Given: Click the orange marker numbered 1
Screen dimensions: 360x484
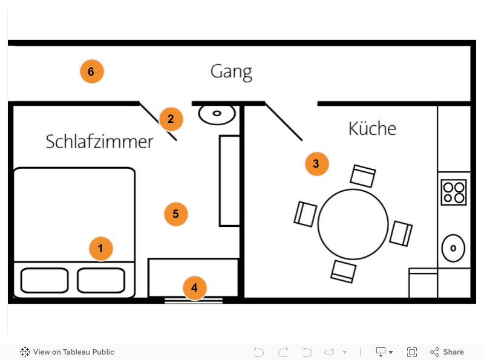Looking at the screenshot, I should click(101, 249).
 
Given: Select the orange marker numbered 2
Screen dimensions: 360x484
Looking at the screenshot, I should click(171, 119).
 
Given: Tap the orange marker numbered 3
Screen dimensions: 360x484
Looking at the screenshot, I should click(316, 163).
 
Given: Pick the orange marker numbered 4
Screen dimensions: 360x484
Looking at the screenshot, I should click(194, 288).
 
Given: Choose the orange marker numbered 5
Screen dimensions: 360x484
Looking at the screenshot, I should click(176, 214).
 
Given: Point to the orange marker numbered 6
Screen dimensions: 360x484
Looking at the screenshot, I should click(91, 72).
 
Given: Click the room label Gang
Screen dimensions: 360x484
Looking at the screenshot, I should click(231, 72).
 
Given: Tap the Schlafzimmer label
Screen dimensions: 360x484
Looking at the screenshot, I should click(100, 142).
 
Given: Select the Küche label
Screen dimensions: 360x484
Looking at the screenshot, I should click(372, 129).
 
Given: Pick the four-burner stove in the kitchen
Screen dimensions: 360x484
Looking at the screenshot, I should click(454, 192).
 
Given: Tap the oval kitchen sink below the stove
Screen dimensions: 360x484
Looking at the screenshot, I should click(453, 247).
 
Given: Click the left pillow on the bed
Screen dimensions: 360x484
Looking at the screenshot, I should click(44, 280).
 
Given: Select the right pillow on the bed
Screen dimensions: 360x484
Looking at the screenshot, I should click(101, 280).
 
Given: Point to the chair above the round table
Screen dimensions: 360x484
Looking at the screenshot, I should click(363, 176).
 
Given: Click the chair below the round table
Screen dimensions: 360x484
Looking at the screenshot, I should click(343, 270).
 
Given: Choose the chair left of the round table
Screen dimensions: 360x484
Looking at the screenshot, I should click(306, 214).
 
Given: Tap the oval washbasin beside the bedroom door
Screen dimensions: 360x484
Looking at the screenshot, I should click(217, 113).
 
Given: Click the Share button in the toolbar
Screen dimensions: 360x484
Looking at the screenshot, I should click(447, 352).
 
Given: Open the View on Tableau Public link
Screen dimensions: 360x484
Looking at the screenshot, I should click(67, 352).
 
